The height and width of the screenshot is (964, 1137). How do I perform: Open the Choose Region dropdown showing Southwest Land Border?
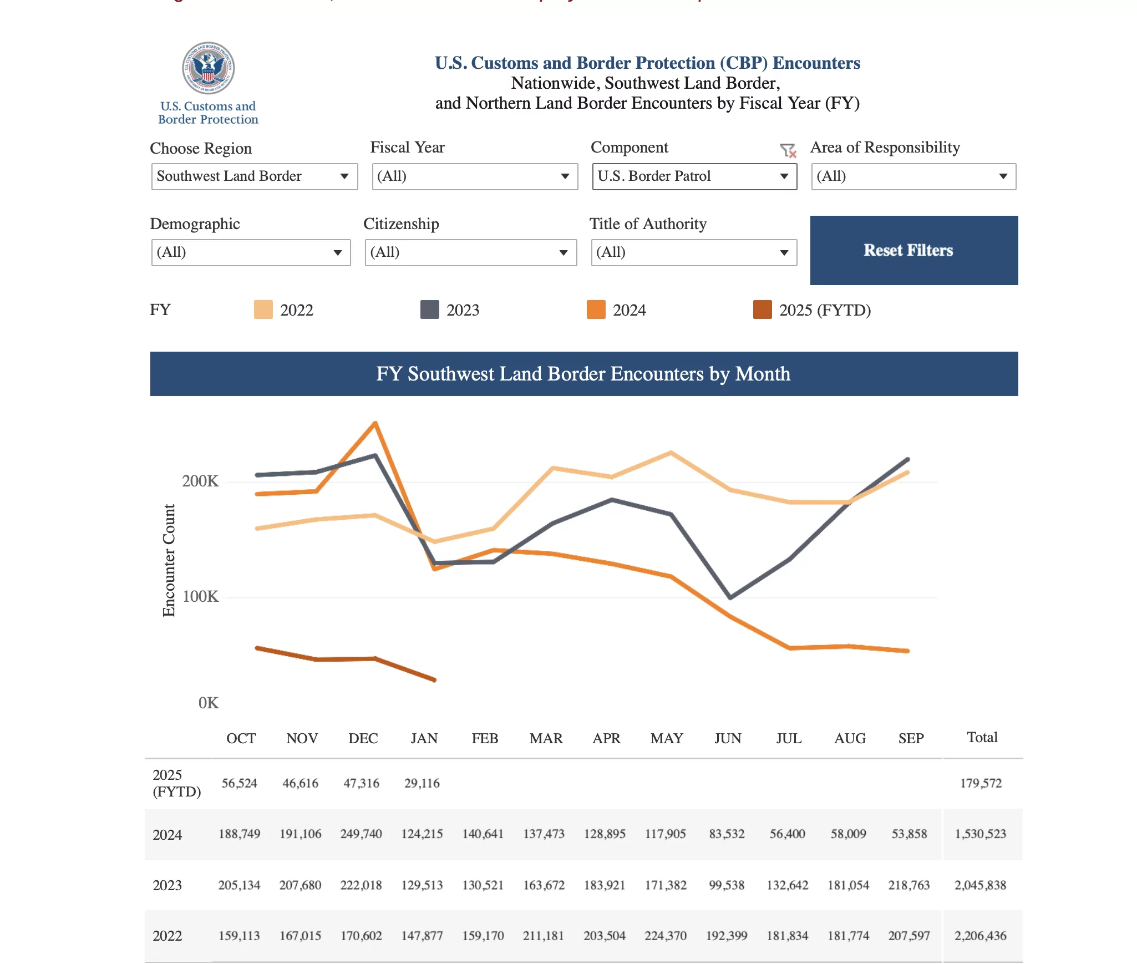[254, 176]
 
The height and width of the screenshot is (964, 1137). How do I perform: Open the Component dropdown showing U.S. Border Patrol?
[694, 176]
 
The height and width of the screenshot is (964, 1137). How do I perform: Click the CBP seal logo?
[209, 68]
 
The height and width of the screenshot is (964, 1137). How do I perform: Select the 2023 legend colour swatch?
[429, 310]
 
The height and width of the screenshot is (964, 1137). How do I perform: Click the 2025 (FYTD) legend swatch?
[762, 310]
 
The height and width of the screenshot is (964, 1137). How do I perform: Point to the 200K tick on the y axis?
[200, 481]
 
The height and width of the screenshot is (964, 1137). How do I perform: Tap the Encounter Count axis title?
[169, 560]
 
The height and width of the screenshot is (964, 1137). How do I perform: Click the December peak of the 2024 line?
[375, 423]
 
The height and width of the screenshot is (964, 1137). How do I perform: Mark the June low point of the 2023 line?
[730, 597]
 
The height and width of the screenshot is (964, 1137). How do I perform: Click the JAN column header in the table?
[424, 738]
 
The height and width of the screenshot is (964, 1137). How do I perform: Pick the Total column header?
[982, 737]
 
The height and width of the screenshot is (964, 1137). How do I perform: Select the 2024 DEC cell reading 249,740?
[361, 834]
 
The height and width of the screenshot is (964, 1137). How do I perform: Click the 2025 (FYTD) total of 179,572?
[981, 783]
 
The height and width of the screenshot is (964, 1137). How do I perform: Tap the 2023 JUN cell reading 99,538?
[727, 885]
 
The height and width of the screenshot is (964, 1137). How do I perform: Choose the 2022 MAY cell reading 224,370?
[665, 936]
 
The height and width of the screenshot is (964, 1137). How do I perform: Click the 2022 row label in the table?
[167, 936]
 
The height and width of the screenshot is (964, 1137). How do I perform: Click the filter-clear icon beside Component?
[788, 150]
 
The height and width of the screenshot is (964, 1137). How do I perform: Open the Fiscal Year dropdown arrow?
[565, 176]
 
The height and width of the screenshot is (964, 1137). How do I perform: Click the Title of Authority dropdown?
[693, 252]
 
